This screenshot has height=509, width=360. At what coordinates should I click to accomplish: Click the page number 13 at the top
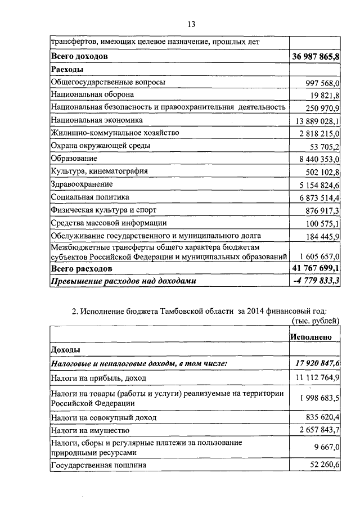coord(191,24)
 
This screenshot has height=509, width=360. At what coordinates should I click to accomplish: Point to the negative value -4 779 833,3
coord(317,281)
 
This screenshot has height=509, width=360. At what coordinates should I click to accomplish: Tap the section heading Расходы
coord(67,69)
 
